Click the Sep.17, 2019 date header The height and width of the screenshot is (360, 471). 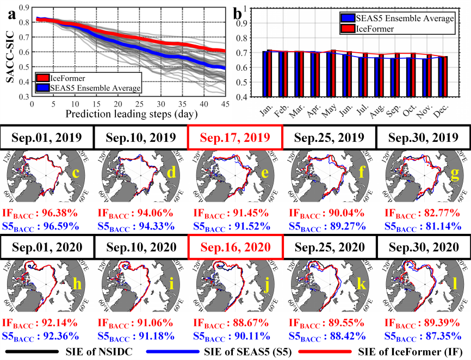click(234, 137)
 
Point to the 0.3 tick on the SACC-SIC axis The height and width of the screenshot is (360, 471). click(23, 97)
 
